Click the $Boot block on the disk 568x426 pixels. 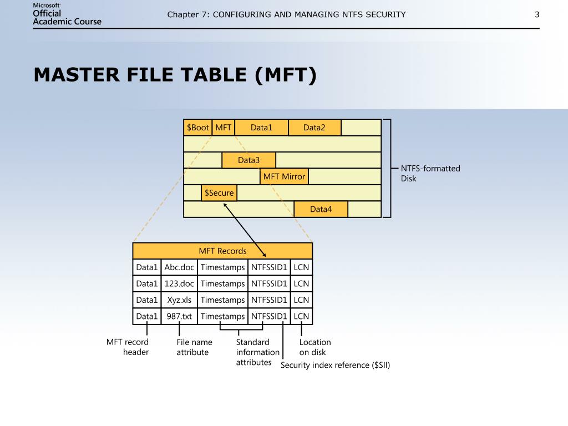click(x=198, y=128)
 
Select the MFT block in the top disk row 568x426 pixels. click(x=224, y=128)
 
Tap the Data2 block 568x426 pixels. click(x=315, y=128)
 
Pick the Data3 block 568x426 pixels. click(x=248, y=160)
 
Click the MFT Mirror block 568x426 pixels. click(x=284, y=176)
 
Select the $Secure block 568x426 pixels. click(x=219, y=193)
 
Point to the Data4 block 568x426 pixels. click(x=321, y=209)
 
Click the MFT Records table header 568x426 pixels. click(x=222, y=251)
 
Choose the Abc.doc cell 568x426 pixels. click(x=179, y=267)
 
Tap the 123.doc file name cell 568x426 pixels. click(x=179, y=283)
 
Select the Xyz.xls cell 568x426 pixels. click(x=179, y=300)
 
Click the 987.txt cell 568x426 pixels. click(x=179, y=316)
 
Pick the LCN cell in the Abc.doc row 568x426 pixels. click(x=301, y=267)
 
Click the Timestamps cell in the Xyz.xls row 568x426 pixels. click(x=222, y=300)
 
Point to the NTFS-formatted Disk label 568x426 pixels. click(x=430, y=173)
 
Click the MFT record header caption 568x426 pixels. click(x=128, y=347)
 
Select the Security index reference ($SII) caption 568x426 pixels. click(x=336, y=365)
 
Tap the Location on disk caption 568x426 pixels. click(x=315, y=347)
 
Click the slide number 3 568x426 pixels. click(x=537, y=14)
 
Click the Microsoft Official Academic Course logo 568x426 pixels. click(x=67, y=14)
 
